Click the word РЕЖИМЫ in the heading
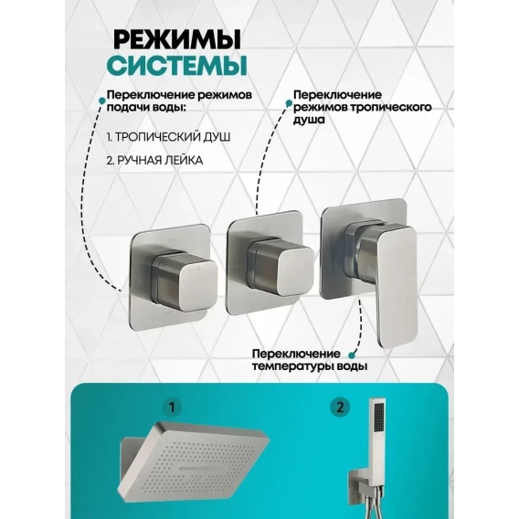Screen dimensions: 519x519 (176, 40)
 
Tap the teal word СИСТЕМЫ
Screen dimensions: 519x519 (176, 65)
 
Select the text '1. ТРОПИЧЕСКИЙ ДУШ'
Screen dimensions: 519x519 (168, 137)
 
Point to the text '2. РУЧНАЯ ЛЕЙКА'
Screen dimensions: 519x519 (154, 161)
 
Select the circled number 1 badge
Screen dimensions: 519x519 (172, 408)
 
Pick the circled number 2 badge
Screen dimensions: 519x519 (340, 408)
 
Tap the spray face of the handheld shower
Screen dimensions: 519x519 (378, 417)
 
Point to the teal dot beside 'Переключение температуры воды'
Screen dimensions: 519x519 (352, 355)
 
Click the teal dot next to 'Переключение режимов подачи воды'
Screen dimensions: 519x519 (102, 99)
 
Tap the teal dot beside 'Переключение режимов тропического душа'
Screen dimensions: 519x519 (289, 103)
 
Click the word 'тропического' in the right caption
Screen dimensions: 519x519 (391, 107)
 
